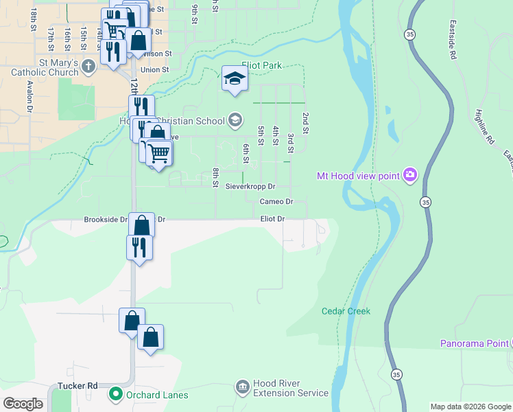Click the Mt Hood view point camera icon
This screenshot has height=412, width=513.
(x=410, y=176)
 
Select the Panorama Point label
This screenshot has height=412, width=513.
(x=474, y=343)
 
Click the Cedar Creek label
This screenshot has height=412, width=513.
(x=346, y=311)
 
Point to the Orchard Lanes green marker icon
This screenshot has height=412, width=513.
(x=115, y=394)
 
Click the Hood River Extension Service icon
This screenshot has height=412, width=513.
(x=241, y=388)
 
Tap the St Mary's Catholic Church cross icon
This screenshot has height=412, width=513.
(x=88, y=67)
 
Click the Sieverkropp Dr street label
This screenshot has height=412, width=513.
(x=250, y=186)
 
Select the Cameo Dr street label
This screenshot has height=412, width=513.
(x=276, y=202)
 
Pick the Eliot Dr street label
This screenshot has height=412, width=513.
(x=272, y=218)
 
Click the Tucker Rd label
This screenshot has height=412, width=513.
(x=77, y=386)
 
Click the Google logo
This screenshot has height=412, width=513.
(x=23, y=403)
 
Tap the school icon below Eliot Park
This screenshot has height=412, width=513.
(x=235, y=80)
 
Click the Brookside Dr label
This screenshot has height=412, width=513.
(x=106, y=220)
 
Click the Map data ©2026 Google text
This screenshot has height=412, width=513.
(x=470, y=407)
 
